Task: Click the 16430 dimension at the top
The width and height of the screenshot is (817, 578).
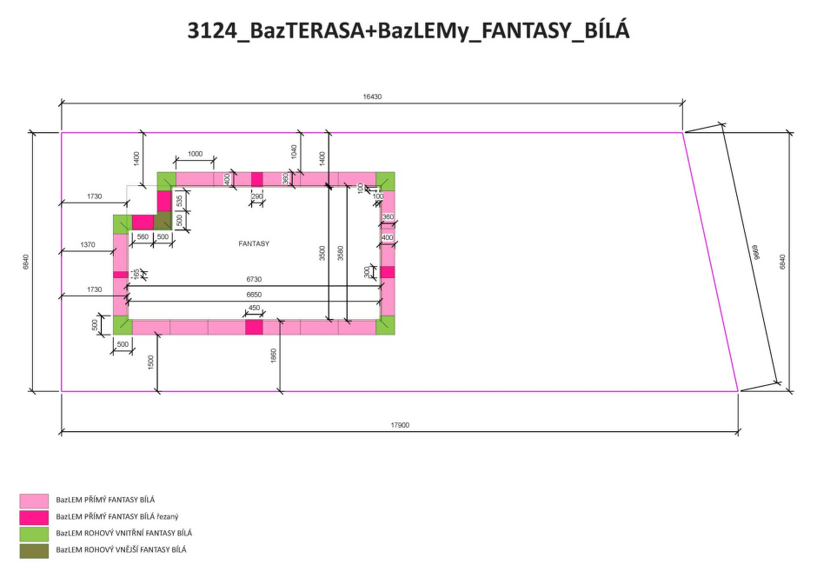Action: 372,96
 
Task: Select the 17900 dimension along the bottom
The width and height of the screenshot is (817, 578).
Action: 400,425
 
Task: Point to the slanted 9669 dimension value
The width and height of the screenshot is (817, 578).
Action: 756,252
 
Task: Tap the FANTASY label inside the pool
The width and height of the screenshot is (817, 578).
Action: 254,243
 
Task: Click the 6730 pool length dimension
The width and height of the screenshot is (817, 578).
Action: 254,279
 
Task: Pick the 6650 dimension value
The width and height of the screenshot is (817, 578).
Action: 254,295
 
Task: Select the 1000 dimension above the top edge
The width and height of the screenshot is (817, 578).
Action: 195,154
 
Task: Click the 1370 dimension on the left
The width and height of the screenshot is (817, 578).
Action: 88,244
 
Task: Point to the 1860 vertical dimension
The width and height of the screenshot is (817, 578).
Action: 274,355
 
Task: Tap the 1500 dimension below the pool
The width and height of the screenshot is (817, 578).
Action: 150,362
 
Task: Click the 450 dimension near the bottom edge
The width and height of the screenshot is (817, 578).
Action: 254,308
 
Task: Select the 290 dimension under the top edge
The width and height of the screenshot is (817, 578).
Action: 257,196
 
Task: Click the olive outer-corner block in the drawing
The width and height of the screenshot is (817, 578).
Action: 163,220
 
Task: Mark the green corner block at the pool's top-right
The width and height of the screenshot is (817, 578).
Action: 385,182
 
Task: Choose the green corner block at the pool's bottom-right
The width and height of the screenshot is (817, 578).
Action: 385,325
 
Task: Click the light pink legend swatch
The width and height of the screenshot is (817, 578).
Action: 34,501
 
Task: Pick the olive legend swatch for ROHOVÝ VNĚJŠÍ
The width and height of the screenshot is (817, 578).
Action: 34,551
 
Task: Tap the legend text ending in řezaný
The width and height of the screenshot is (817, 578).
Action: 117,516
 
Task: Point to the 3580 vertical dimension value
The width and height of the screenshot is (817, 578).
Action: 340,253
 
